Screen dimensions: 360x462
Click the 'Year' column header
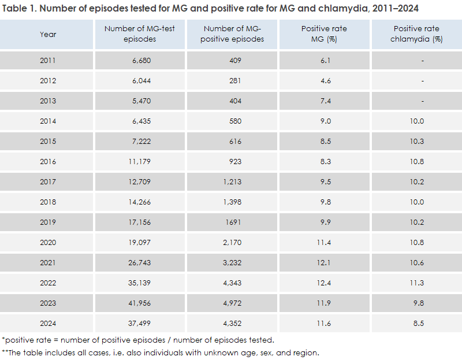[x=48, y=34]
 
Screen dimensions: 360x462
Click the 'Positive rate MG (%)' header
[x=325, y=34]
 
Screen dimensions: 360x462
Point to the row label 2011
[x=48, y=61]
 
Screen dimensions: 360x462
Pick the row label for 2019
[x=48, y=222]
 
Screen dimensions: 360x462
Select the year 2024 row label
[x=48, y=323]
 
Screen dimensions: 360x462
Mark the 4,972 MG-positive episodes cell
[x=234, y=303]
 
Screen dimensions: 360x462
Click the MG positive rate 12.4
[x=325, y=283]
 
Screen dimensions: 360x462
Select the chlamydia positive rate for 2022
[x=417, y=283]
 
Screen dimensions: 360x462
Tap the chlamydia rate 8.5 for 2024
[x=417, y=323]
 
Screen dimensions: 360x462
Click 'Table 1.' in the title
[x=19, y=9]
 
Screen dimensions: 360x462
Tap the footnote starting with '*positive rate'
[x=138, y=339]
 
